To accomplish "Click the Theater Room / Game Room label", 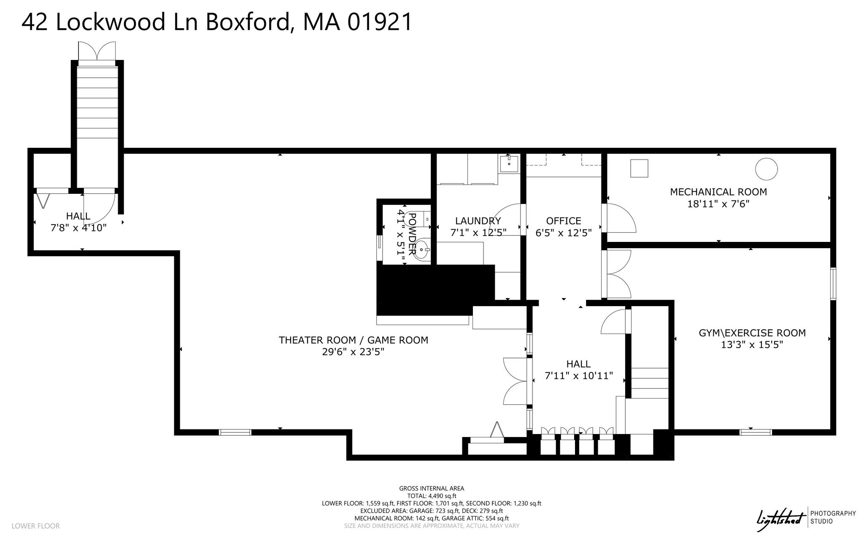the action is coord(354,340).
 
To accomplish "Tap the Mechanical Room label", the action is coord(718,192).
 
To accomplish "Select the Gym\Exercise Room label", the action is coord(752,333).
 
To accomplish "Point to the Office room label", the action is coord(564,221).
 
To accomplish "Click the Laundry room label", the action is coord(478,221).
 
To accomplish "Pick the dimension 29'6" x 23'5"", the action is coord(354,352).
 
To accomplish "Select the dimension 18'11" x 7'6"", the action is coord(718,204).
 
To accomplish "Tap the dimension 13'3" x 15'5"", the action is coord(752,345).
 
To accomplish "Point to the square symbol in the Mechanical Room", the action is coord(639,168).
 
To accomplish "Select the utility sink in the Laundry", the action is coord(509,163).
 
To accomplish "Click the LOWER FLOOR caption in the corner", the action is coord(35,526).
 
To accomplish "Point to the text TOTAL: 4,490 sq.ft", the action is coord(432,496).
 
